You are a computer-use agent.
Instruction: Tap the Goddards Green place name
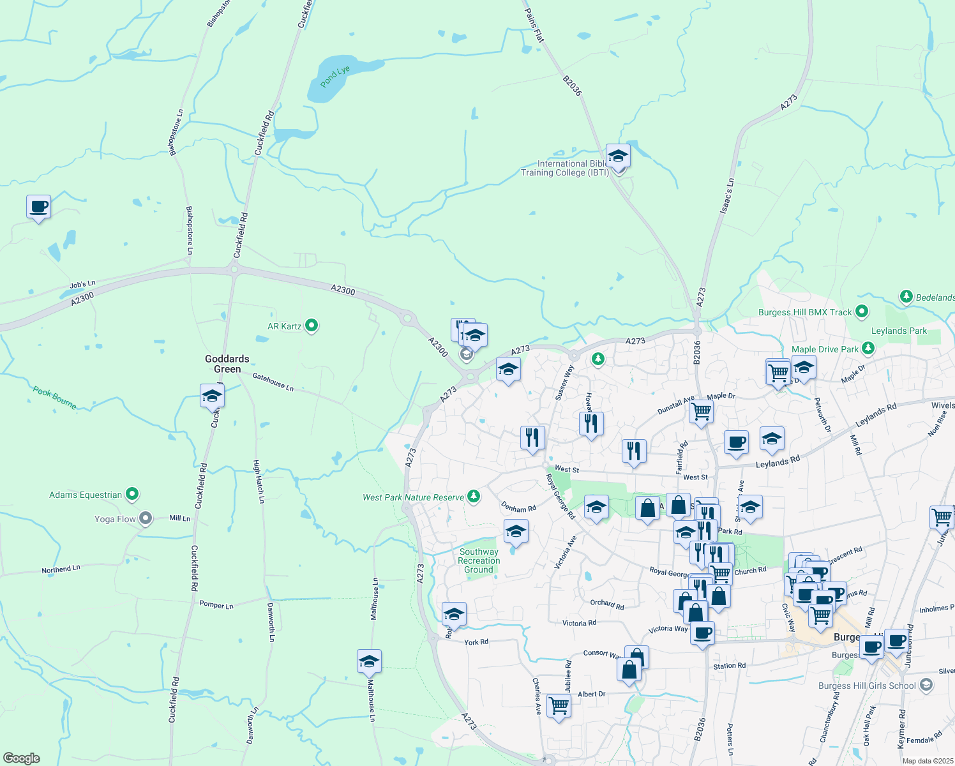[x=227, y=364]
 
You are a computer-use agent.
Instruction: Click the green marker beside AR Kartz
[x=312, y=326]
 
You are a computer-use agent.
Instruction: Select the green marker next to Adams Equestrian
[x=132, y=494]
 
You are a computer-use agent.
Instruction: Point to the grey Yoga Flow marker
[x=146, y=518]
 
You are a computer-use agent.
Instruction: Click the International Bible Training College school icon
[x=617, y=156]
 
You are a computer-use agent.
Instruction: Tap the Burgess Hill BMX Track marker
[x=862, y=312]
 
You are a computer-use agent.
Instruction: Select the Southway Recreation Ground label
[x=479, y=560]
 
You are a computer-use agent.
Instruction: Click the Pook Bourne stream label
[x=55, y=397]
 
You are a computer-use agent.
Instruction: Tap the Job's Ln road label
[x=82, y=285]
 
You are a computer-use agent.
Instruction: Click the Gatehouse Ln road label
[x=273, y=382]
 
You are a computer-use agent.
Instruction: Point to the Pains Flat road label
[x=534, y=26]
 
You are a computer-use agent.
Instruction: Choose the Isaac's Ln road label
[x=727, y=195]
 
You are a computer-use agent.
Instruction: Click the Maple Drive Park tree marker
[x=868, y=349]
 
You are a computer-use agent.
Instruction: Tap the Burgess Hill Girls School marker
[x=926, y=686]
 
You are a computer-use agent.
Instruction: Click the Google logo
[x=22, y=758]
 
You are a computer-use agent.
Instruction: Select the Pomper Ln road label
[x=216, y=605]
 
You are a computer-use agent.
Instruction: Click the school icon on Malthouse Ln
[x=369, y=661]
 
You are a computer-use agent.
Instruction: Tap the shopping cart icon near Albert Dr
[x=559, y=705]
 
